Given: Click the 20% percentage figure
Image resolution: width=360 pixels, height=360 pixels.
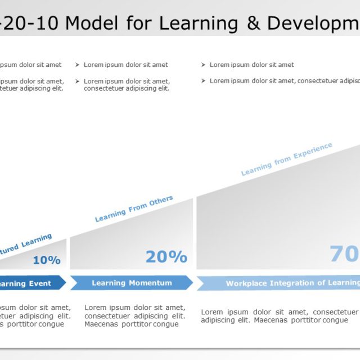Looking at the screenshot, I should (x=166, y=256).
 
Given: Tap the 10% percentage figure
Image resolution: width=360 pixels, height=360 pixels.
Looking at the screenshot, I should (x=47, y=260).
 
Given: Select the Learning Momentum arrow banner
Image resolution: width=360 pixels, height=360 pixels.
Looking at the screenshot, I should (x=132, y=283).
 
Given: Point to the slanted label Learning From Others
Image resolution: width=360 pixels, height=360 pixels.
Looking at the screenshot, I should (x=134, y=209).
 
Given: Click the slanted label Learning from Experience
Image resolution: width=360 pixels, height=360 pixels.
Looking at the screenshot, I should (x=287, y=159).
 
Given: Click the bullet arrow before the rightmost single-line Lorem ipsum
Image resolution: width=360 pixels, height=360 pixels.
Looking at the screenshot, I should (x=203, y=65).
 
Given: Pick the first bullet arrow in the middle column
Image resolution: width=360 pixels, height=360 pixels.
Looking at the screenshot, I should (x=78, y=65).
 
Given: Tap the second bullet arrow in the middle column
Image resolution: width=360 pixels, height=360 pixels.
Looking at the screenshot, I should (x=78, y=81).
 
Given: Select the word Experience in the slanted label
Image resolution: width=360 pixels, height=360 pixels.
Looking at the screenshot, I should (x=313, y=152).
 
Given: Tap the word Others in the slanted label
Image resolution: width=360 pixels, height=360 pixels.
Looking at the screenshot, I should (x=161, y=202).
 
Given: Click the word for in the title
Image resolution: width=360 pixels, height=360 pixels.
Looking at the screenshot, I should (x=139, y=23).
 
